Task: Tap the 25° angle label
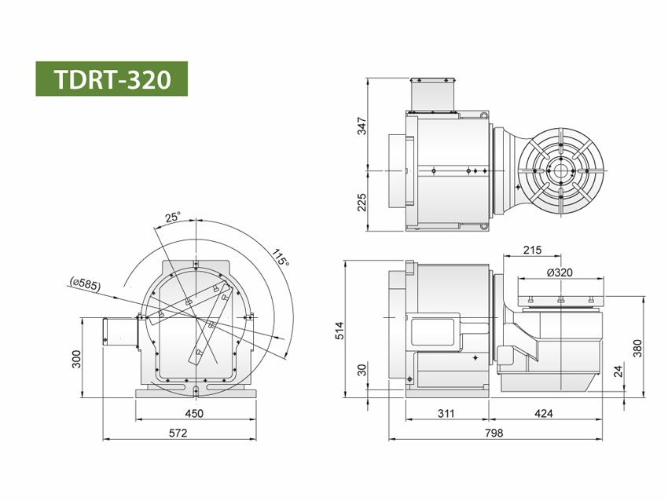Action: [173, 217]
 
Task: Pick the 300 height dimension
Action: [76, 358]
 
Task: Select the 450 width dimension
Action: [193, 414]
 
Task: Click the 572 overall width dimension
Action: [179, 433]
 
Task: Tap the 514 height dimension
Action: [340, 330]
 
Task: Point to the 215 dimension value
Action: [532, 251]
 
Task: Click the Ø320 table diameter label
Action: [558, 272]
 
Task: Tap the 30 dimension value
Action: [362, 370]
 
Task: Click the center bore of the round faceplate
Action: [561, 170]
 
